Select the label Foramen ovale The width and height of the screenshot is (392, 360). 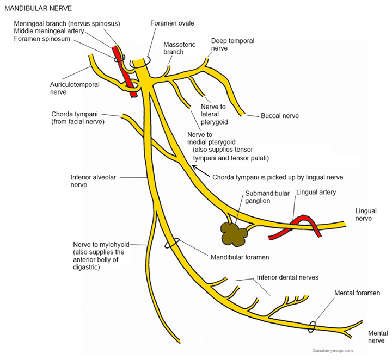tap(172, 23)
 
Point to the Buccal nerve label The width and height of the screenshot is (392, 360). tap(280, 116)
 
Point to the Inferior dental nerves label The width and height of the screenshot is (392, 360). tap(287, 277)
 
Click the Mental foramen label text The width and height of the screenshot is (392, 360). tap(357, 293)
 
